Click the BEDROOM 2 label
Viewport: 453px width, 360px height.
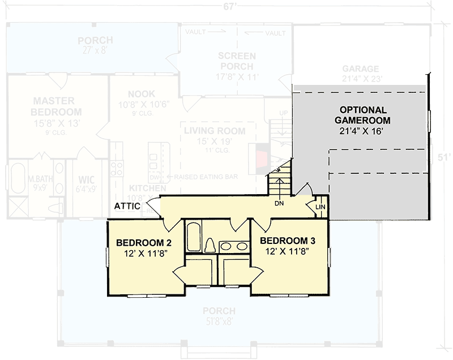pos(144,243)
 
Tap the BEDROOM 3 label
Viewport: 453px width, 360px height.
pos(287,241)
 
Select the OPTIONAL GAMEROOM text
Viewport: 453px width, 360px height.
pos(362,115)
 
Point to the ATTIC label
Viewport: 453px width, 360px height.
pos(127,206)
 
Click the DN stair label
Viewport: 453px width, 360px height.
pos(279,203)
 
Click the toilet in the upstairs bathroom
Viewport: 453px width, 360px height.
pos(209,246)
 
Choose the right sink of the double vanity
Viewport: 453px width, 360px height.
pos(242,246)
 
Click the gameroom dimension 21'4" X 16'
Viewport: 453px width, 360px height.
pos(362,131)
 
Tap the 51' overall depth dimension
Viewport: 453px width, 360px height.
pos(444,157)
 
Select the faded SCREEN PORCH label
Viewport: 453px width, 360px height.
pos(237,61)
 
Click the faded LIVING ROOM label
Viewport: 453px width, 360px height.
pos(215,131)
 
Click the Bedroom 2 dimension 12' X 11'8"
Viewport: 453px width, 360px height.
pos(144,254)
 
